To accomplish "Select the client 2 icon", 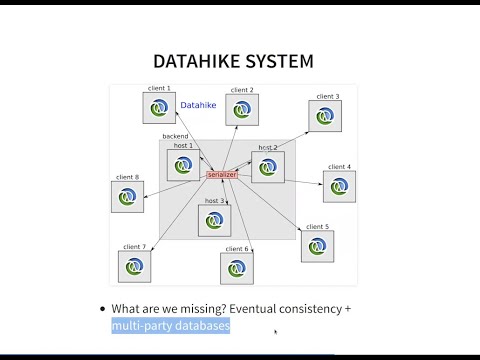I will coord(241,110).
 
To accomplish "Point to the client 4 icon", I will coord(338,186).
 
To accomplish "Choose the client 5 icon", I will coord(316,246).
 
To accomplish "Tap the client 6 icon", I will coord(237,268).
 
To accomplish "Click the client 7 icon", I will coord(134,266).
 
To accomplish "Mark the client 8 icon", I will coord(127,196).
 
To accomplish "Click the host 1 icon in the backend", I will coord(183,165).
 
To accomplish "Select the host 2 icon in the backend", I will coord(267,167).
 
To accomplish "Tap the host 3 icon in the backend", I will coord(214,220).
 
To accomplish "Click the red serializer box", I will coord(222,175).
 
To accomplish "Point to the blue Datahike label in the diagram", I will coord(198,104).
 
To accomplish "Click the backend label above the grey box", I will coord(176,136).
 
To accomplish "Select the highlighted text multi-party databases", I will coord(171,327).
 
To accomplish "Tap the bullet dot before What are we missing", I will coord(103,310).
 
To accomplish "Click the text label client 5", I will coord(317,227).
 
